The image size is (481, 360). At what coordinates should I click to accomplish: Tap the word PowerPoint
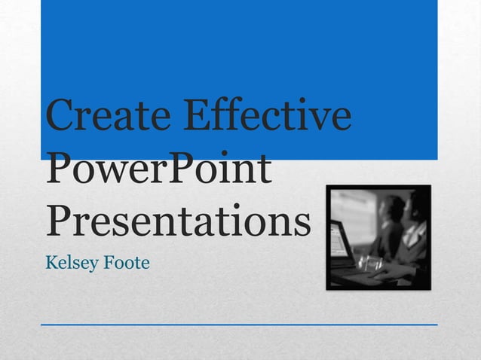click(158, 170)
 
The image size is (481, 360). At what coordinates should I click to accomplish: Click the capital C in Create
click(61, 118)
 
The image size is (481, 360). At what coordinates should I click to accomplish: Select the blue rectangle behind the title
click(238, 45)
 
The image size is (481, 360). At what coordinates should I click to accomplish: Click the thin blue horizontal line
click(238, 325)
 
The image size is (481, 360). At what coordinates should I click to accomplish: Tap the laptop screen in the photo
click(339, 239)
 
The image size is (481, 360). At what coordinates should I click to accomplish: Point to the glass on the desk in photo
click(367, 263)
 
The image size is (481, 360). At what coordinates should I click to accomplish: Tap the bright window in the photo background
click(354, 207)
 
